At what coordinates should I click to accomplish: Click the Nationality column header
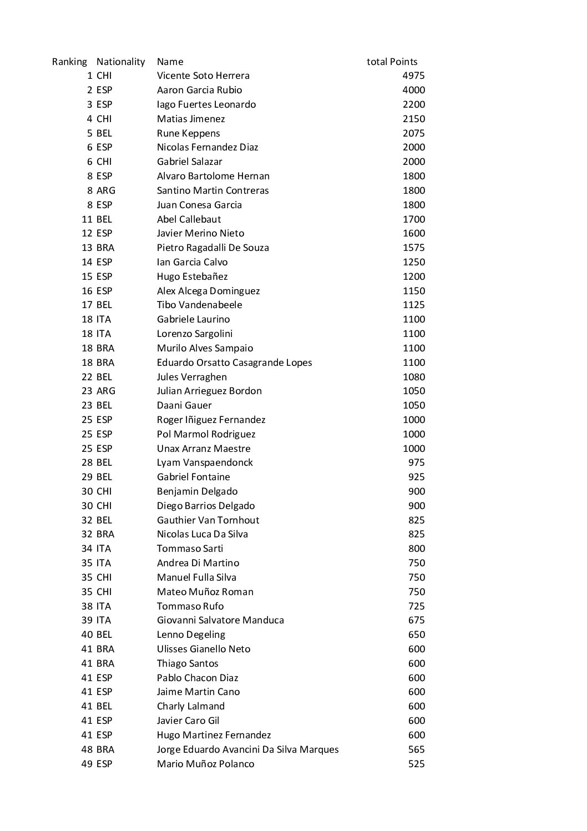tap(120, 62)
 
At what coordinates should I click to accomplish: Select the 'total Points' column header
tap(392, 62)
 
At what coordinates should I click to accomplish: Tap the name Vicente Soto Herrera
tap(203, 75)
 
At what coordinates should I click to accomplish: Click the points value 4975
tap(413, 75)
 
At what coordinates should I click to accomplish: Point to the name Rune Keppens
tap(188, 133)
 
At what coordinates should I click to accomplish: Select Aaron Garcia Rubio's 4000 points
tap(413, 90)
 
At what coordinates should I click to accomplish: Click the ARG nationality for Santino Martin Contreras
tap(105, 190)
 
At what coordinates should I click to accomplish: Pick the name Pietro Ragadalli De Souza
tap(212, 248)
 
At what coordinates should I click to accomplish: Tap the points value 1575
tap(413, 248)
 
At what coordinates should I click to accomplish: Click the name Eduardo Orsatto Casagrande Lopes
tap(234, 362)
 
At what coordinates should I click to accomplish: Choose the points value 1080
tap(413, 377)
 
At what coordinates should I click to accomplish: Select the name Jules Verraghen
tap(191, 377)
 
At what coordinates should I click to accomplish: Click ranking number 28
tap(87, 462)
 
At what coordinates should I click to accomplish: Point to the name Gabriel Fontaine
tap(193, 477)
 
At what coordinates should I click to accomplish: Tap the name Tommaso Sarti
tap(190, 548)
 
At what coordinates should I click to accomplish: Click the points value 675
tap(416, 620)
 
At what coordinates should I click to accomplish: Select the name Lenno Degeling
tap(191, 634)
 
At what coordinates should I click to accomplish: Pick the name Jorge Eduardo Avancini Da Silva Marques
tap(247, 749)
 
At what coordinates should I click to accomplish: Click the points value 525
tap(416, 764)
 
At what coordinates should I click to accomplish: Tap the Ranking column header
tap(69, 62)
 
